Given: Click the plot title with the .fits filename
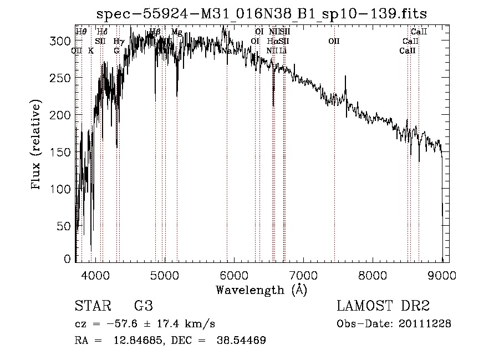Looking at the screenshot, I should tap(261, 14).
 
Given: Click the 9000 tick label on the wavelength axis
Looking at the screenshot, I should tap(442, 274).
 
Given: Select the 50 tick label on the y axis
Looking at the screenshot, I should tap(65, 226).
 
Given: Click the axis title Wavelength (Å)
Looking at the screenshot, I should tap(261, 290).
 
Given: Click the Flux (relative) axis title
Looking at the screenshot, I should tap(37, 146).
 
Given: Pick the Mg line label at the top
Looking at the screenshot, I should tap(177, 32).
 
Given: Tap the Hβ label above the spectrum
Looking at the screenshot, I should tap(155, 32).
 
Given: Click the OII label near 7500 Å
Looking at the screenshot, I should tap(334, 41).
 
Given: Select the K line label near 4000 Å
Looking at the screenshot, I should tap(91, 50).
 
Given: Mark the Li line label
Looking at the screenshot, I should tap(283, 50).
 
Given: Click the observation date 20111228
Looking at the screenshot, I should tap(425, 324).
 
